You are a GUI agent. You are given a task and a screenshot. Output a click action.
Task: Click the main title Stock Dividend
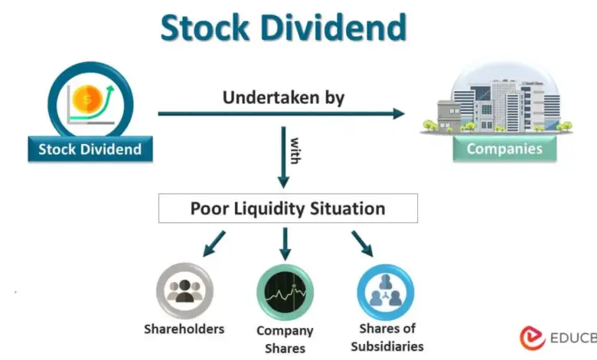coord(284,28)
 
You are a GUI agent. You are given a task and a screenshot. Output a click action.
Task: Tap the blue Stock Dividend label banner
coord(90,149)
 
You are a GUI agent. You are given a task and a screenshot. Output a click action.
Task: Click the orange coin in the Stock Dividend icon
coord(87,99)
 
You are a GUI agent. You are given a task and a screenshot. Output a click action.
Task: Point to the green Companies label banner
coord(504,149)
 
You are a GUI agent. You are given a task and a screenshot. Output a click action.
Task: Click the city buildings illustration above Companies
coord(497,100)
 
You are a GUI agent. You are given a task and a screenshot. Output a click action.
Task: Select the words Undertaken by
coord(284,97)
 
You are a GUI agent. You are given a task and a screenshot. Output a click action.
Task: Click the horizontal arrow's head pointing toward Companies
coord(399,113)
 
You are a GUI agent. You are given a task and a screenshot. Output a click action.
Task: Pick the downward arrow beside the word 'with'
coord(283,157)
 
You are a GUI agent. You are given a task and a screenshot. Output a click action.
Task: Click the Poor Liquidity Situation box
coord(288,208)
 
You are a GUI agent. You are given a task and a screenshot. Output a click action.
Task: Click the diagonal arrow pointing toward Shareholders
coord(214,244)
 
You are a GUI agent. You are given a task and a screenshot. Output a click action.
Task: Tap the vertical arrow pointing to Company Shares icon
coord(285,244)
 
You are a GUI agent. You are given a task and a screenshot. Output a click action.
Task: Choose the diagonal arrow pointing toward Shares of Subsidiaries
coord(362,244)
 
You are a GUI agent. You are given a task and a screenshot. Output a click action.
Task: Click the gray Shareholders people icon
coord(184,291)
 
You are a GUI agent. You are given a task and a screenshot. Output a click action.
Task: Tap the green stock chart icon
coord(285,293)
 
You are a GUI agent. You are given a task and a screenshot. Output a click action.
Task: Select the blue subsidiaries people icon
coord(386,293)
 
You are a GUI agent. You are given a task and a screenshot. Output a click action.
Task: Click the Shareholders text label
coord(184,329)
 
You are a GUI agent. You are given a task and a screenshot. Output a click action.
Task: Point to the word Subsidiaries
coord(387,347)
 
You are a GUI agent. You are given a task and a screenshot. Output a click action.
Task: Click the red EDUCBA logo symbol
coord(532,338)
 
